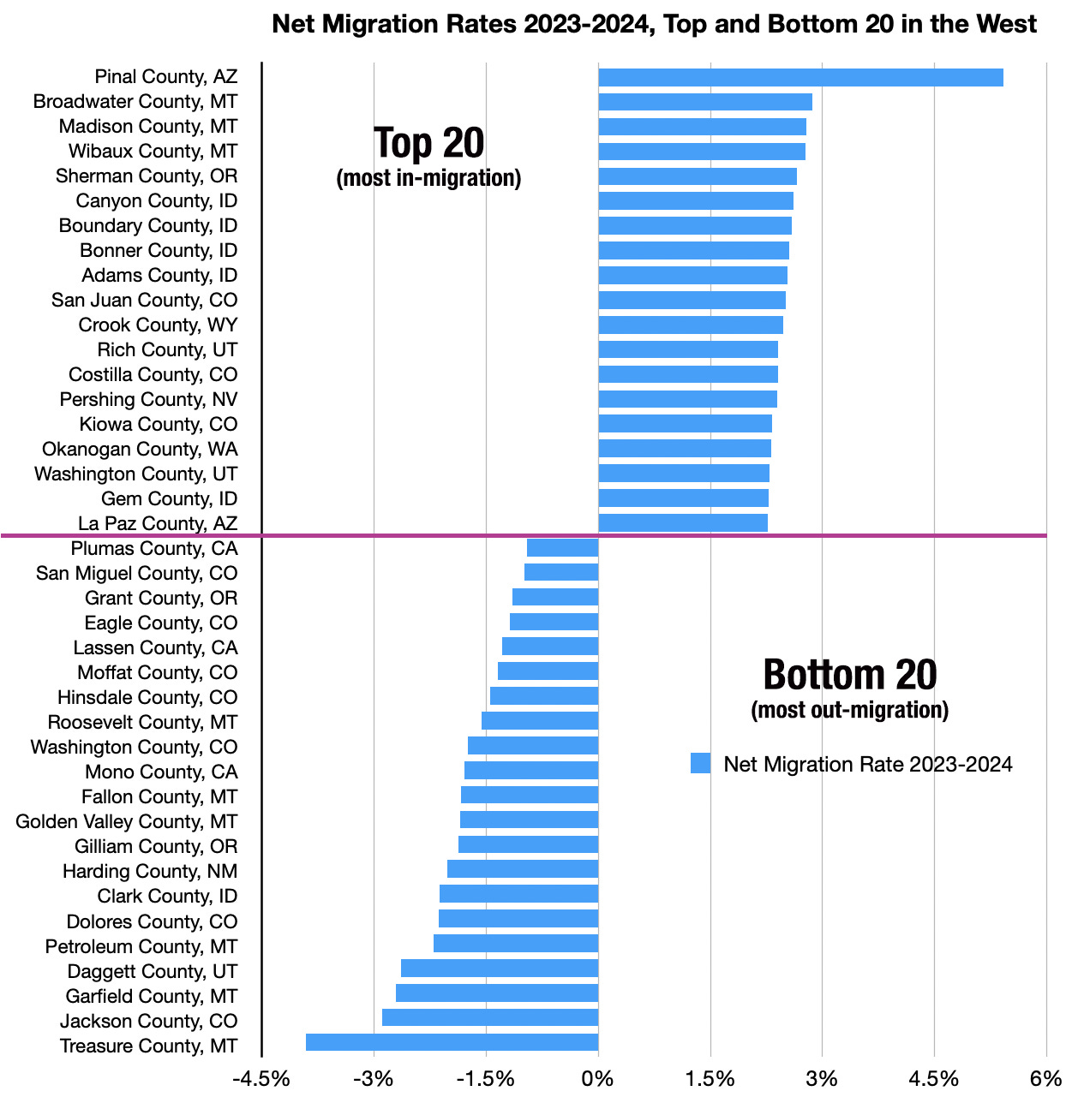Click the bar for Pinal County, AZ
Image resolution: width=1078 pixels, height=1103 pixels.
coord(800,77)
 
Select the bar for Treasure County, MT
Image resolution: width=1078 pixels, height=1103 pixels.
coord(452,1042)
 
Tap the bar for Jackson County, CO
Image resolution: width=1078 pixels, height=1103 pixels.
coord(490,1017)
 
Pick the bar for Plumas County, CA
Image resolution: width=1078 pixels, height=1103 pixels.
coord(562,548)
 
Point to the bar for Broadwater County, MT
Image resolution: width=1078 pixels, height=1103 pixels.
coord(704,102)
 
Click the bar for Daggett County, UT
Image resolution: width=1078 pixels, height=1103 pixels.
coord(500,968)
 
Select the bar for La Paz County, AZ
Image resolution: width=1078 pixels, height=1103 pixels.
coord(682,522)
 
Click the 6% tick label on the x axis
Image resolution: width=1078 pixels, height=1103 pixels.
coord(1045,1078)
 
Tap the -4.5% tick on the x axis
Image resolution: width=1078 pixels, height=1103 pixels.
coord(261,1078)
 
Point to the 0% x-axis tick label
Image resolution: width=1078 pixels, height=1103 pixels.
coord(597,1078)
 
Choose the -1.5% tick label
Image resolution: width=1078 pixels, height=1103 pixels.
coord(485,1078)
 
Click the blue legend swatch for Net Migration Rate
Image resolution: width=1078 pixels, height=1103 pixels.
coord(700,763)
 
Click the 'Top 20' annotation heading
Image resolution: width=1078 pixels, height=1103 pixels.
coord(429,143)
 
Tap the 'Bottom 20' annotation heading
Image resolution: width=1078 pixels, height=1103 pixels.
coord(850,675)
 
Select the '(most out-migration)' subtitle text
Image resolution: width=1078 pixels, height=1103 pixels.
coord(850,710)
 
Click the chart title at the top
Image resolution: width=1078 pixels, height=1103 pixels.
coord(654,23)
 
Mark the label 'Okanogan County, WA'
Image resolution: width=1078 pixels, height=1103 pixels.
coord(140,449)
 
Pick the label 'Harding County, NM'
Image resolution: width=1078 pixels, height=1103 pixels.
coord(150,871)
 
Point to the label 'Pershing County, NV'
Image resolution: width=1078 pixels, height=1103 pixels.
coord(148,399)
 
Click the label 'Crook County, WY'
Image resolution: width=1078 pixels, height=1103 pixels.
coord(158,325)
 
